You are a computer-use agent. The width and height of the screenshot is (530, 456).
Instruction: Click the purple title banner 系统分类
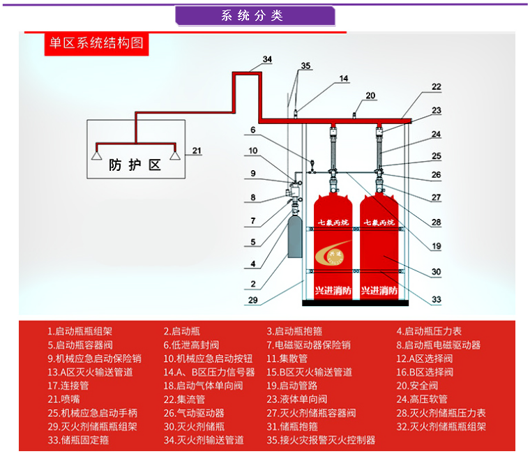click(255, 15)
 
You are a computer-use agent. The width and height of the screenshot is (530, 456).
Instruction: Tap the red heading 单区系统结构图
click(96, 43)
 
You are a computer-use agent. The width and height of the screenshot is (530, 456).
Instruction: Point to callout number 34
click(267, 59)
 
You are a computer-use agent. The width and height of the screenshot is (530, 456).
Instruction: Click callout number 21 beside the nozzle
click(196, 150)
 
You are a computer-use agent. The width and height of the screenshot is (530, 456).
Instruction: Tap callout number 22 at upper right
click(436, 87)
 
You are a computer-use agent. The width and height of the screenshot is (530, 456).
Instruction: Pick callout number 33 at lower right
click(436, 299)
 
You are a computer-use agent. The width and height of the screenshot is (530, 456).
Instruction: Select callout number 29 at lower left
click(253, 300)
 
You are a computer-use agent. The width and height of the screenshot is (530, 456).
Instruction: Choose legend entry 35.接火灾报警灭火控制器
click(321, 440)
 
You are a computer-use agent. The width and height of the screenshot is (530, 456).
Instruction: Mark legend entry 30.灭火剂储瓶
click(194, 427)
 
